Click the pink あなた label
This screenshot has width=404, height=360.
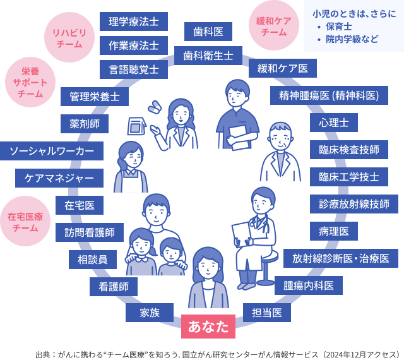[x=208, y=327]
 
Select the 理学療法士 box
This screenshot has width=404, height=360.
[x=133, y=21]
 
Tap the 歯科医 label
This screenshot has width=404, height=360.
[x=208, y=31]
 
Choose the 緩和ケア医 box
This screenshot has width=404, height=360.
[x=282, y=68]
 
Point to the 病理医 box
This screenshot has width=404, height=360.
[x=333, y=231]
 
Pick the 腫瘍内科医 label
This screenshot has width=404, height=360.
[x=308, y=285]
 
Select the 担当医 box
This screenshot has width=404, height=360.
[x=266, y=313]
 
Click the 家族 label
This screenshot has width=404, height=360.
[x=150, y=313]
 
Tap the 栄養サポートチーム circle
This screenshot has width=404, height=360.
[x=30, y=84]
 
